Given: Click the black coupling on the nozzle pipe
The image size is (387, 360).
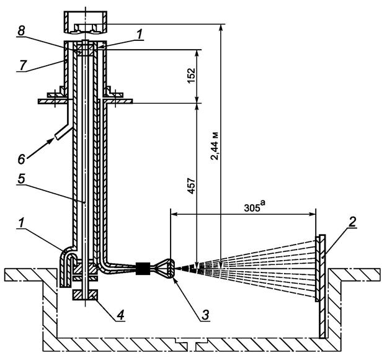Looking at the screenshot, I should coord(143,269).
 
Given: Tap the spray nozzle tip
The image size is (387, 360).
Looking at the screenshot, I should coord(174,268).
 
